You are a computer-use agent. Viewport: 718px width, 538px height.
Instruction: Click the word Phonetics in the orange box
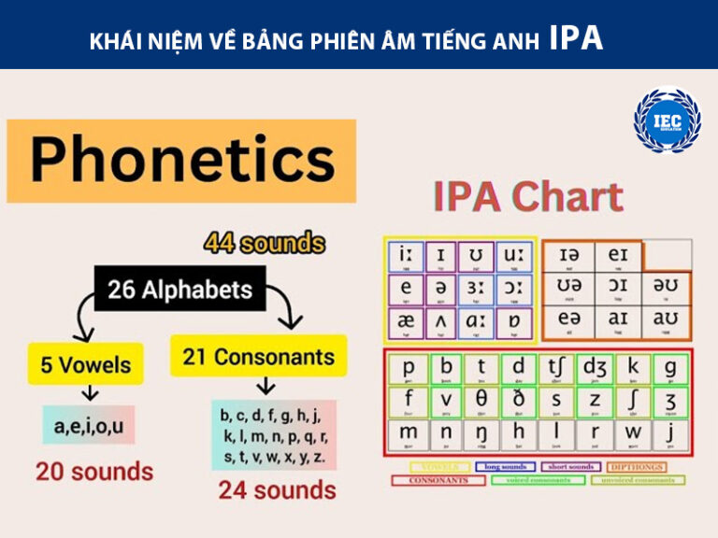tap(181, 160)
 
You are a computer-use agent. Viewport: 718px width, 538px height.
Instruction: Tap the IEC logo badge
tap(667, 120)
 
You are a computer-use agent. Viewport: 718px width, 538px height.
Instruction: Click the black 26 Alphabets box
tap(179, 290)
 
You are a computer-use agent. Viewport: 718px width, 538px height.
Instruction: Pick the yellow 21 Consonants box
tap(258, 357)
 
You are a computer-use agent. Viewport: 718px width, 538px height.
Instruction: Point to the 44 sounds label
tap(265, 245)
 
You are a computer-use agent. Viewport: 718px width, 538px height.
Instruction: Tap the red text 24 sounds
tap(278, 489)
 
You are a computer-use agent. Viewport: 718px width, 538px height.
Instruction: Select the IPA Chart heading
tap(528, 197)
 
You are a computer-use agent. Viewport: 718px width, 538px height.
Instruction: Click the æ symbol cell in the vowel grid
tap(407, 320)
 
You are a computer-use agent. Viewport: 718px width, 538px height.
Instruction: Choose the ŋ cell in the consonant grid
tap(481, 434)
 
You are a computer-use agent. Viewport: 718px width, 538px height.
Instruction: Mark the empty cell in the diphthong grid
tap(668, 255)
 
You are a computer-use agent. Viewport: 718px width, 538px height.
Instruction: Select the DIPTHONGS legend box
tap(636, 466)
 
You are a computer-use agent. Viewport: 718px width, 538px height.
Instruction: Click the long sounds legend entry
tap(504, 466)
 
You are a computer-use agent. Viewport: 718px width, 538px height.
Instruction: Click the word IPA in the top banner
tap(576, 37)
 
